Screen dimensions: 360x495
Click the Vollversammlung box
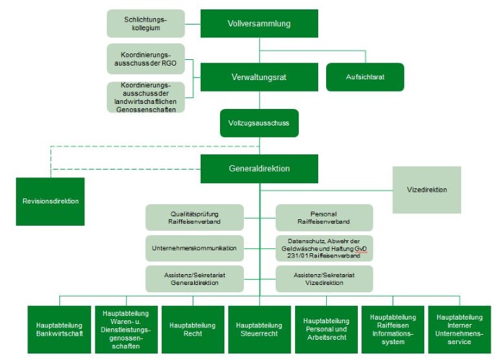[x=259, y=23]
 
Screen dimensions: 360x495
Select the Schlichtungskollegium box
[x=146, y=24]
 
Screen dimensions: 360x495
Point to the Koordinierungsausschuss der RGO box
[x=146, y=58]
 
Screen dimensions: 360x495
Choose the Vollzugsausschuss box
[x=258, y=123]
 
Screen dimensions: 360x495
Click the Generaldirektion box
[x=259, y=168]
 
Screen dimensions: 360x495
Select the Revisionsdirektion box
[x=50, y=201]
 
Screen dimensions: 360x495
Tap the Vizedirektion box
[x=426, y=190]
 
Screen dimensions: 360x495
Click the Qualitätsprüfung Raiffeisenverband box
[x=195, y=218]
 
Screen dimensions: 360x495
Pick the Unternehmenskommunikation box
[x=195, y=248]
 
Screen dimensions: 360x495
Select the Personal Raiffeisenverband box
[x=324, y=218]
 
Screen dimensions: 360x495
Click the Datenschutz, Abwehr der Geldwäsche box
[x=324, y=248]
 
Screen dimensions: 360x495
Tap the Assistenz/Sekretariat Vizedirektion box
[x=324, y=278]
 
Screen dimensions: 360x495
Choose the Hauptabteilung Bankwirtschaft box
[x=59, y=330]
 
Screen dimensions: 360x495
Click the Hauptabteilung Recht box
[x=192, y=330]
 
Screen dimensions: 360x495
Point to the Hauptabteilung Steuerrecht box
[x=259, y=330]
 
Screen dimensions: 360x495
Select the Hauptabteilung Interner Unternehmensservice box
[x=459, y=330]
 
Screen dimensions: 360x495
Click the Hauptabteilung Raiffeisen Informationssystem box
[x=393, y=330]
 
